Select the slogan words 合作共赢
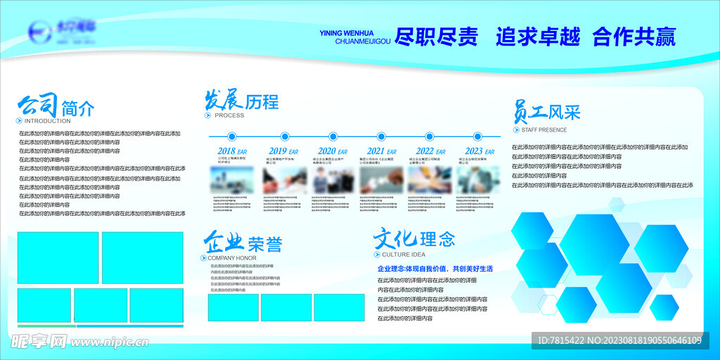coord(634,37)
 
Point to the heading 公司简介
coord(56,108)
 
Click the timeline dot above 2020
coord(333,136)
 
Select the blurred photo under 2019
coord(285,181)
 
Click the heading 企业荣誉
coord(243,243)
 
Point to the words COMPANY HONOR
coord(232,258)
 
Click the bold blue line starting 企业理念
coord(435,269)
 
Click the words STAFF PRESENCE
coord(544,130)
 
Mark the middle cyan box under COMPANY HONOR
coord(286,307)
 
